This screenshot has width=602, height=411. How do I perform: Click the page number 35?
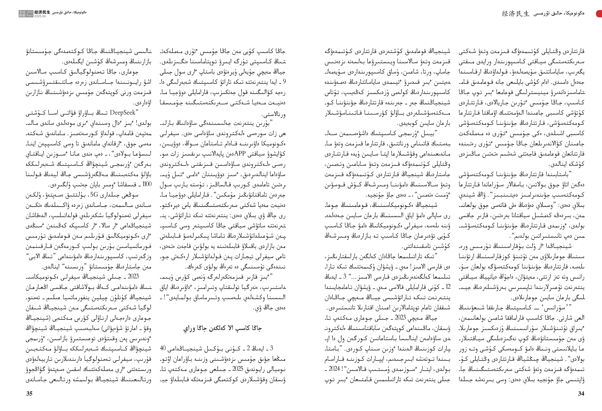[29, 393]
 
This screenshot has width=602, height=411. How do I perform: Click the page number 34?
[581, 393]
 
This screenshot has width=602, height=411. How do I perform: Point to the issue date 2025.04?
[40, 16]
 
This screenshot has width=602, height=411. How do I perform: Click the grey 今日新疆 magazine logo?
[26, 14]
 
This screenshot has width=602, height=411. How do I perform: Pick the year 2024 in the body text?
[334, 369]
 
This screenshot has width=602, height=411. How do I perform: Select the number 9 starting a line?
[284, 82]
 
